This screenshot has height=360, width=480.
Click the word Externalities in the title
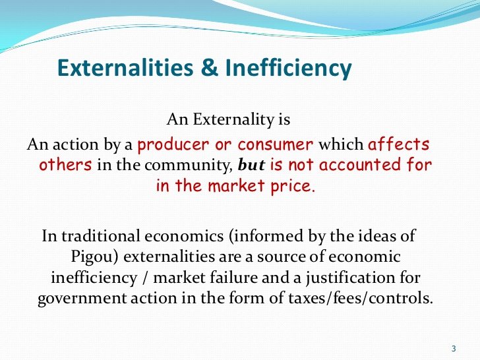pyautogui.click(x=125, y=68)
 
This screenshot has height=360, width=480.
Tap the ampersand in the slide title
pyautogui.click(x=210, y=68)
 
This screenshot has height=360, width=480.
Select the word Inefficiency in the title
pyautogui.click(x=288, y=69)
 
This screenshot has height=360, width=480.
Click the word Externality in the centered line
pyautogui.click(x=233, y=119)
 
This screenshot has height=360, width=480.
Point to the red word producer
pyautogui.click(x=173, y=145)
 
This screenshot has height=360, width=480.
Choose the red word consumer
pyautogui.click(x=275, y=145)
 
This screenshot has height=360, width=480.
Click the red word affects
pyautogui.click(x=398, y=144)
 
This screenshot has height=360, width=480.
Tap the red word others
pyautogui.click(x=65, y=165)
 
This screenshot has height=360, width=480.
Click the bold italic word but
pyautogui.click(x=252, y=165)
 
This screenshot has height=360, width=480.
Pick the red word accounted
pyautogui.click(x=360, y=165)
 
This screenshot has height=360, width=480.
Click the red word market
pyautogui.click(x=236, y=186)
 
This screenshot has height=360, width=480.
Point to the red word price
pyautogui.click(x=293, y=187)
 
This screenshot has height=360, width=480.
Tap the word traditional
pyautogui.click(x=101, y=236)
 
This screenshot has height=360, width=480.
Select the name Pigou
pyautogui.click(x=92, y=257)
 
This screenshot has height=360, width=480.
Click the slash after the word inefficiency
pyautogui.click(x=145, y=278)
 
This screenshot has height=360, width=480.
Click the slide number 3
pyautogui.click(x=454, y=349)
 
